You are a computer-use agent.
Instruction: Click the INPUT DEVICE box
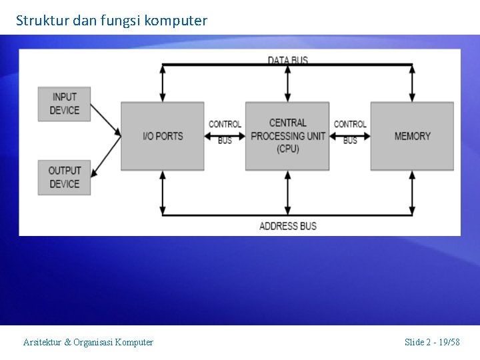pyautogui.click(x=64, y=103)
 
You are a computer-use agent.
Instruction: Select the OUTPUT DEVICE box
pyautogui.click(x=64, y=177)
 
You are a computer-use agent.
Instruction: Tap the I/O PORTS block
pyautogui.click(x=162, y=136)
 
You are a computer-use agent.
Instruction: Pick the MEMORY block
pyautogui.click(x=412, y=136)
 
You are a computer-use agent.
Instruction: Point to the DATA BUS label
pyautogui.click(x=287, y=60)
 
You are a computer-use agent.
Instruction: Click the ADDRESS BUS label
pyautogui.click(x=287, y=226)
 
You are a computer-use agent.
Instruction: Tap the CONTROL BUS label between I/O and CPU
pyautogui.click(x=225, y=132)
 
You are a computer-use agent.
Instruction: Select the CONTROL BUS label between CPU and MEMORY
pyautogui.click(x=350, y=132)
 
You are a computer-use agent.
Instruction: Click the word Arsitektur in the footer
pyautogui.click(x=42, y=342)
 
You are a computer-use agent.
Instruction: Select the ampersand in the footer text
pyautogui.click(x=67, y=342)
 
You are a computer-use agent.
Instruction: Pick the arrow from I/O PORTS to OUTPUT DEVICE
pyautogui.click(x=105, y=155)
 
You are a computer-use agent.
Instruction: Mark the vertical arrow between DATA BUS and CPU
pyautogui.click(x=287, y=83)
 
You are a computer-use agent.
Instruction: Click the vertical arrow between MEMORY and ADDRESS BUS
pyautogui.click(x=412, y=193)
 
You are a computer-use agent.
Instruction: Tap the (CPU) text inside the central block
pyautogui.click(x=287, y=149)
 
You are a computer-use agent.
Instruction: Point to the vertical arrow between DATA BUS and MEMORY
pyautogui.click(x=412, y=83)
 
